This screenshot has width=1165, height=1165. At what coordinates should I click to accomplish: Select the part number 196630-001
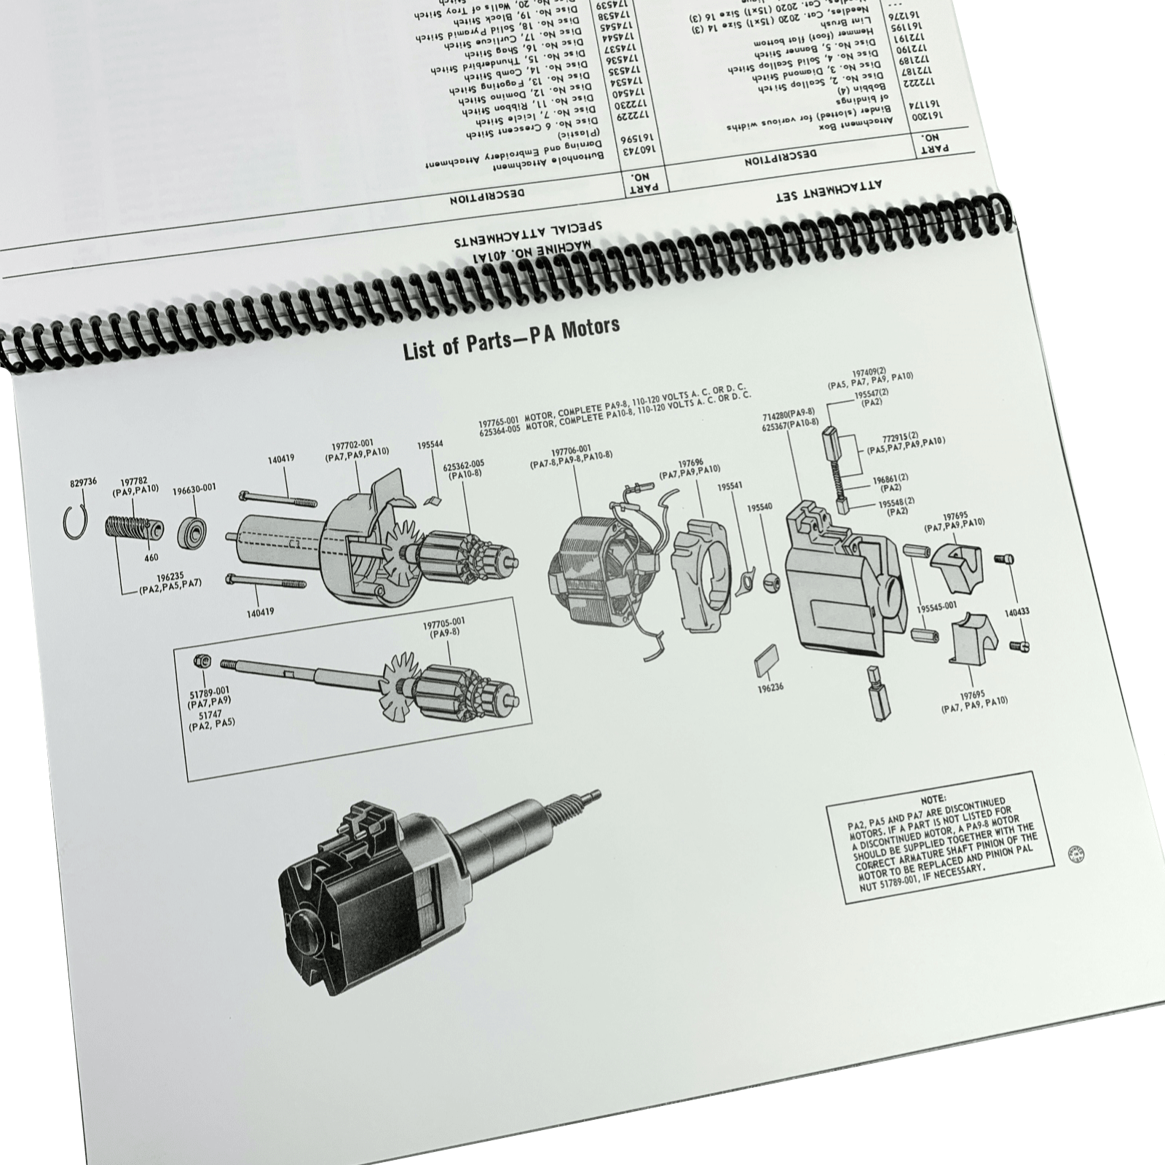pyautogui.click(x=194, y=490)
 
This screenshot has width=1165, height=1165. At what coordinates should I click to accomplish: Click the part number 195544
pyautogui.click(x=430, y=444)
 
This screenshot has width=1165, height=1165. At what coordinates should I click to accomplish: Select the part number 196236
pyautogui.click(x=770, y=687)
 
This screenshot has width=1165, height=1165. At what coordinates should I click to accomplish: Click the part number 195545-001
pyautogui.click(x=936, y=607)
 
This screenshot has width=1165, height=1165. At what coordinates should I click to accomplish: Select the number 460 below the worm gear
pyautogui.click(x=151, y=558)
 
